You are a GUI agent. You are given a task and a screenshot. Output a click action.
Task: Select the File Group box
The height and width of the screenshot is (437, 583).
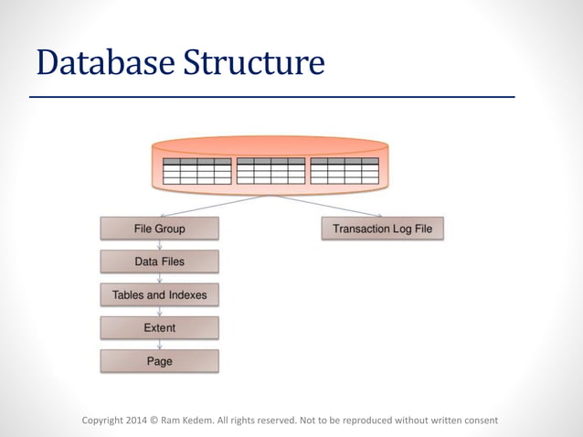(x=160, y=229)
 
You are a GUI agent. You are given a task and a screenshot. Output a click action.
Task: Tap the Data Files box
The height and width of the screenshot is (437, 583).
(x=160, y=261)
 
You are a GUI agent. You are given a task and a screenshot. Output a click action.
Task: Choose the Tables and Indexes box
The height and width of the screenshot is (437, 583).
(x=160, y=294)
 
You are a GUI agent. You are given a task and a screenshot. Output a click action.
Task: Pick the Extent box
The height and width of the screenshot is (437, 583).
(x=160, y=327)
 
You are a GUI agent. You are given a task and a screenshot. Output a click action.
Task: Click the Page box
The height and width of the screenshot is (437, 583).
(x=160, y=361)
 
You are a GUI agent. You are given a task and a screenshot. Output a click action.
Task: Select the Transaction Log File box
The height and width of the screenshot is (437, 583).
(x=382, y=229)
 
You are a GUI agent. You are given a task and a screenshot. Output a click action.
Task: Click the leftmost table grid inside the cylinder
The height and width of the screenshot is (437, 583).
(x=196, y=171)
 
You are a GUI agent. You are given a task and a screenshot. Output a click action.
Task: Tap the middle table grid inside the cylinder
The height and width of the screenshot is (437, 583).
(x=270, y=171)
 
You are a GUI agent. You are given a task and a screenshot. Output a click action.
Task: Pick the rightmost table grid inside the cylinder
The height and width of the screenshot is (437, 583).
(x=344, y=171)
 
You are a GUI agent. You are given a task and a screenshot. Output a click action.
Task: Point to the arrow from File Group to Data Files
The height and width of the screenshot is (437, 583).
(x=160, y=245)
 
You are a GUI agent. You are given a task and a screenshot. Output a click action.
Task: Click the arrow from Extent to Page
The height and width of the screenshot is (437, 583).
(x=160, y=345)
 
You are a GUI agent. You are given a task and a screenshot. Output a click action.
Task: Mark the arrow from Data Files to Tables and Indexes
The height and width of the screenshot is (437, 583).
(x=160, y=278)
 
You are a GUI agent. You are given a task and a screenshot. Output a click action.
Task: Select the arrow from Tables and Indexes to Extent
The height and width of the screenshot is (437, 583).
(x=160, y=311)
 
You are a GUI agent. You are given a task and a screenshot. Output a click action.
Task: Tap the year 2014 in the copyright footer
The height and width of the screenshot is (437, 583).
(x=135, y=421)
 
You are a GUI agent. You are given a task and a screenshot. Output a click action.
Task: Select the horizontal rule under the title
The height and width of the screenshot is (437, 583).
(x=271, y=96)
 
